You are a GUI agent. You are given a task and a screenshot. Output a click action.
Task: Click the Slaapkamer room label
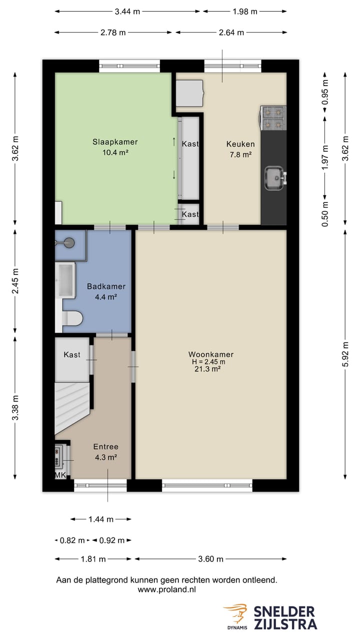click(x=114, y=142)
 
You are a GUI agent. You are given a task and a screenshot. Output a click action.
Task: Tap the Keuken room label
click(x=240, y=144)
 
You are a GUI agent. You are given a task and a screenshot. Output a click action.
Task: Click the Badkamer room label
click(x=106, y=286)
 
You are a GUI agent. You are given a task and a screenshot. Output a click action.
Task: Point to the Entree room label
click(x=105, y=446)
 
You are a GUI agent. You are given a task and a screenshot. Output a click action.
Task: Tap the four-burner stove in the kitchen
click(x=273, y=118)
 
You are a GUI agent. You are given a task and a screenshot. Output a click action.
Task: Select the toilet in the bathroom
click(x=72, y=317)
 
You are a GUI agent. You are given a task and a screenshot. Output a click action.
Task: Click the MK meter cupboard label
click(x=60, y=475)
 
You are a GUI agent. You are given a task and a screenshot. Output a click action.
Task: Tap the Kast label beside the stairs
click(x=72, y=354)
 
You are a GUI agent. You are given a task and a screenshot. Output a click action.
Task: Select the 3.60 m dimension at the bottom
click(x=210, y=559)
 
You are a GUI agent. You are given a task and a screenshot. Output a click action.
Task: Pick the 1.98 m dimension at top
click(x=245, y=11)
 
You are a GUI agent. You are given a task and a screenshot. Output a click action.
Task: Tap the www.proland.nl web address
click(x=166, y=589)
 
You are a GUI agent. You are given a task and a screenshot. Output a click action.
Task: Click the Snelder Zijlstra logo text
click(x=285, y=617)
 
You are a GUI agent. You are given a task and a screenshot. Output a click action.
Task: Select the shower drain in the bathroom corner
click(x=69, y=243)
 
